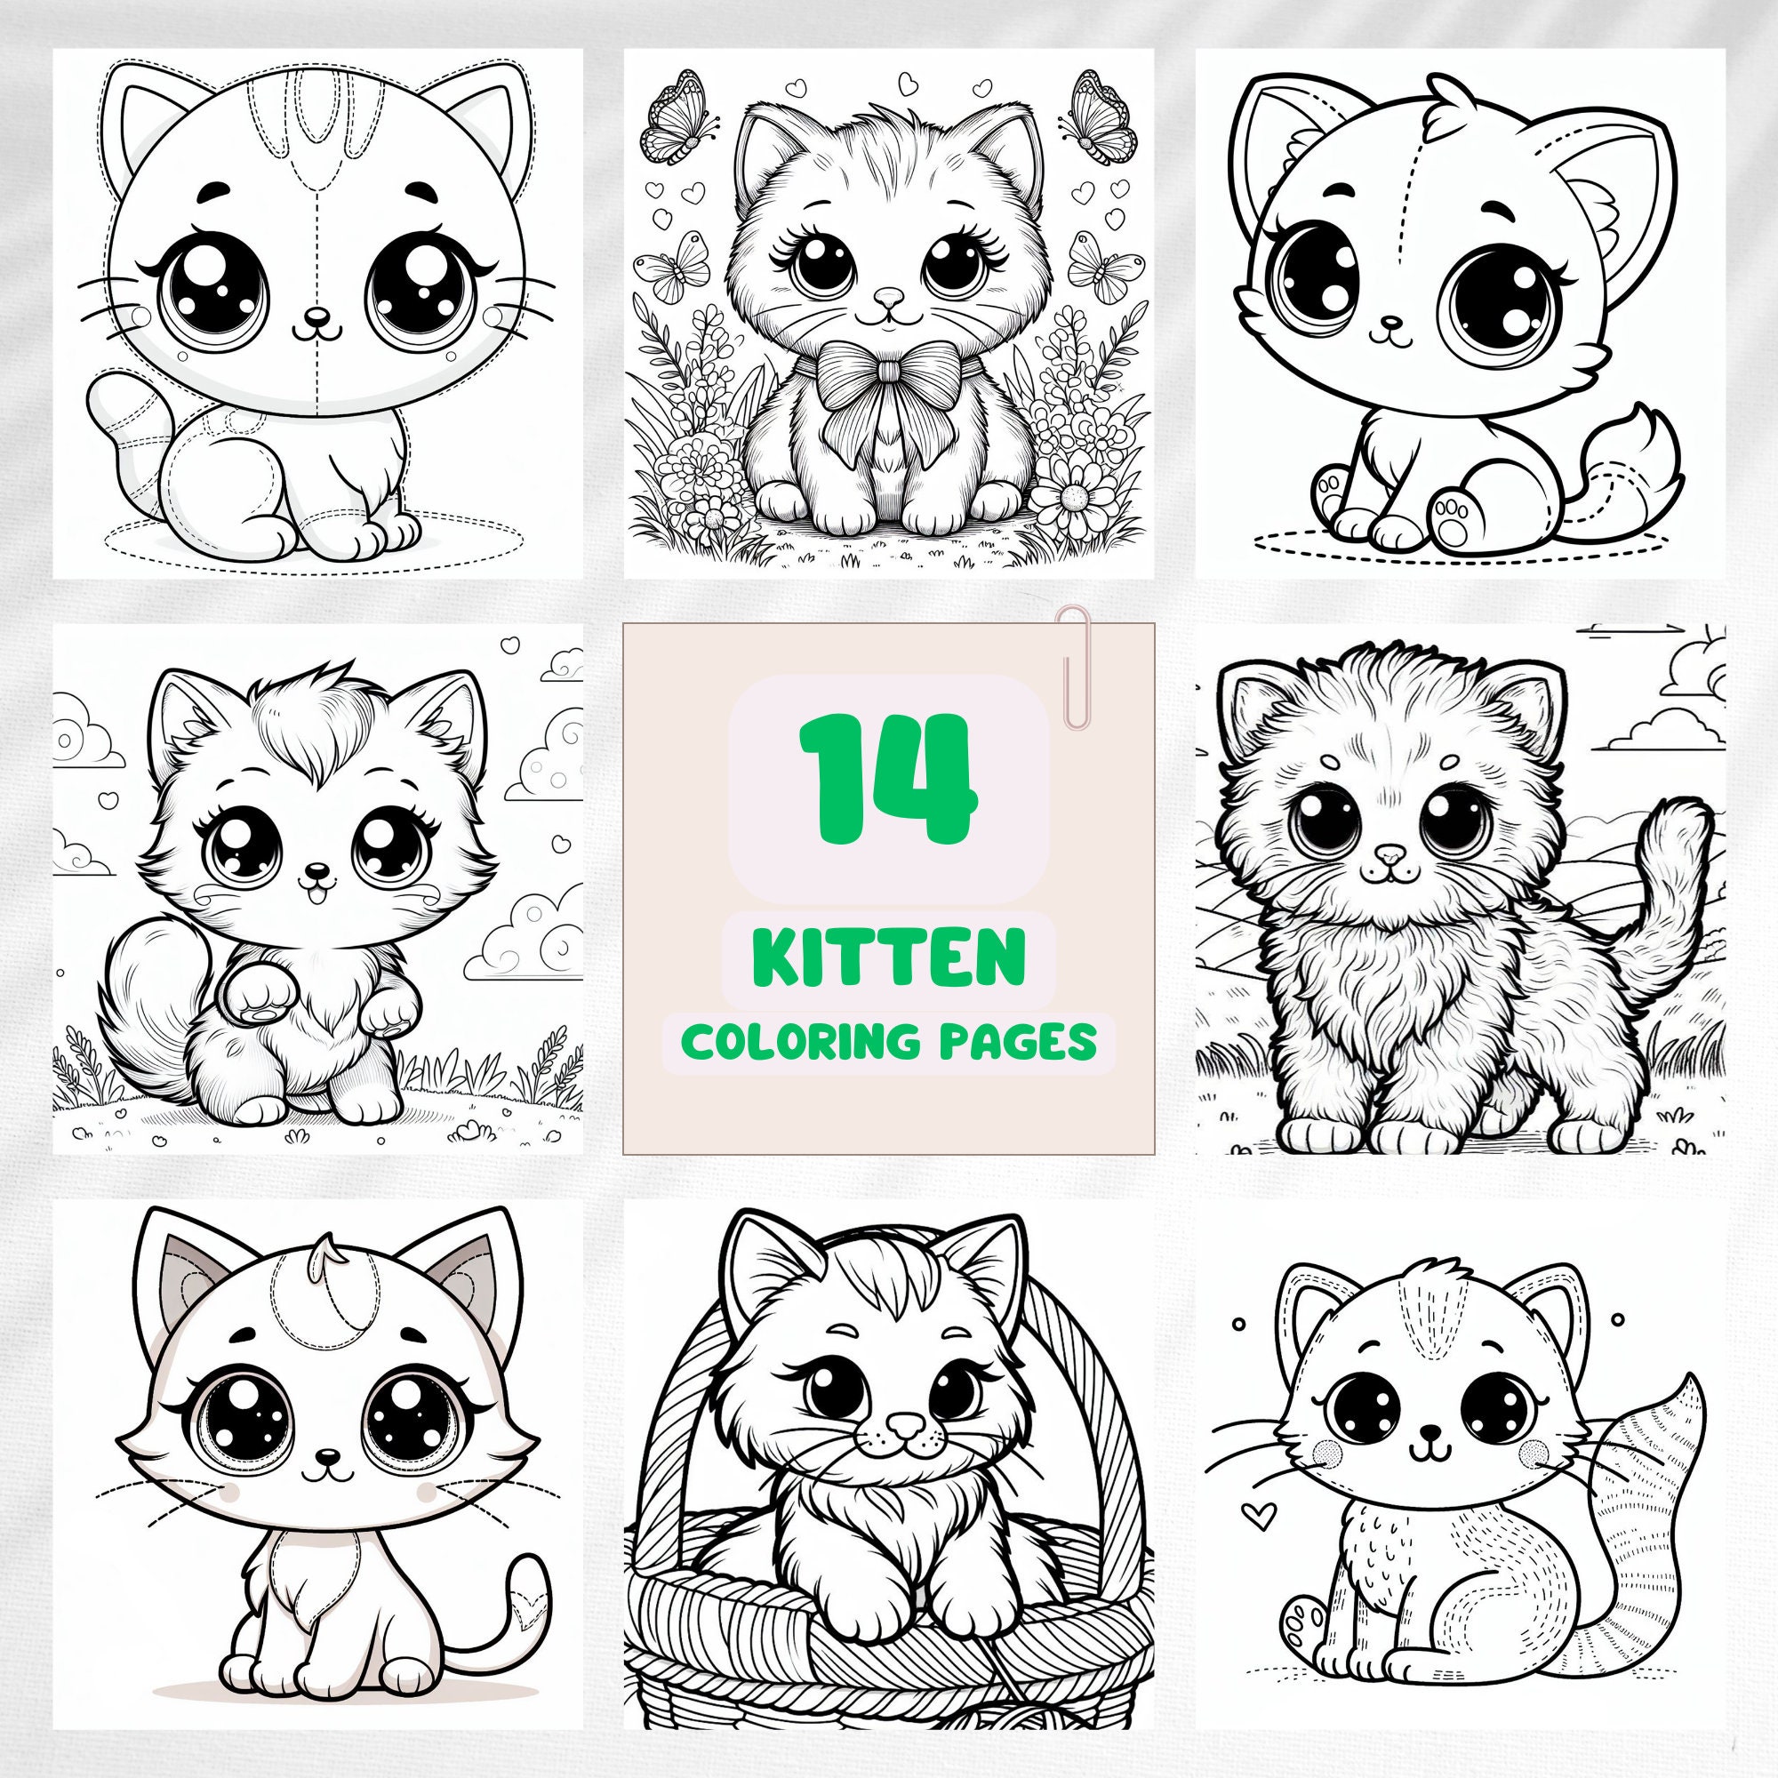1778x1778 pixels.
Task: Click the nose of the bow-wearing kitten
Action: [x=887, y=296]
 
